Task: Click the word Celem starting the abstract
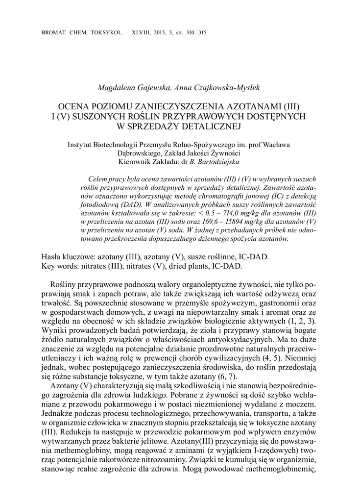click(95, 178)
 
